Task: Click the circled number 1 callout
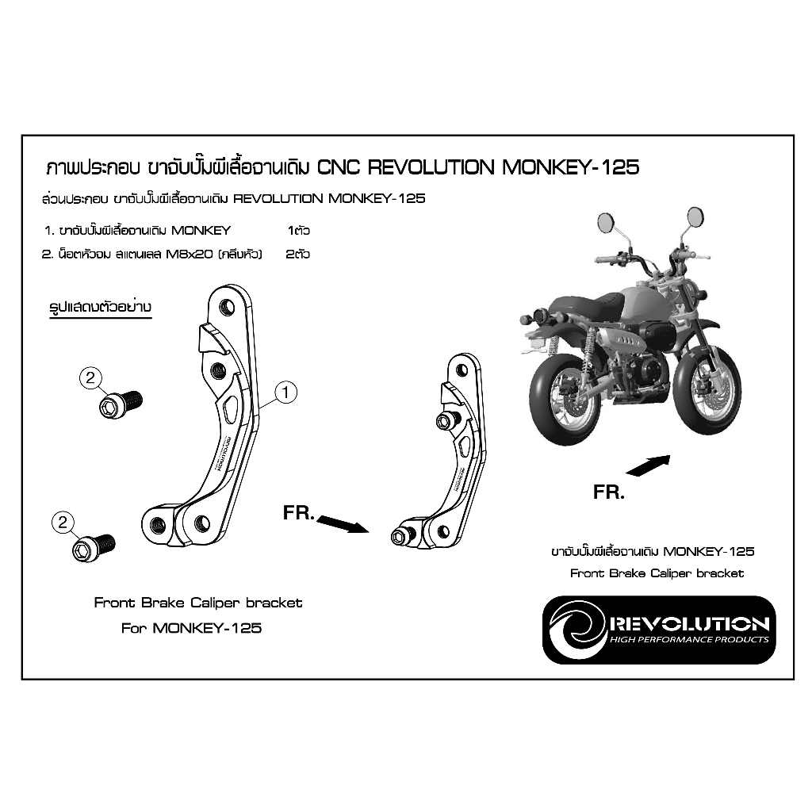point(286,391)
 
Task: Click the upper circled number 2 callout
point(90,378)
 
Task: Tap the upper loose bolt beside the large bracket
point(120,404)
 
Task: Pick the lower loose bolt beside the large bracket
point(94,547)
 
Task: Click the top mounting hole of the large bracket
point(228,307)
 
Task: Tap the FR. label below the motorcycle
point(609,492)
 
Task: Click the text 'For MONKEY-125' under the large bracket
point(191,628)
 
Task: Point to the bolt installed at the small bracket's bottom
point(399,537)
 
